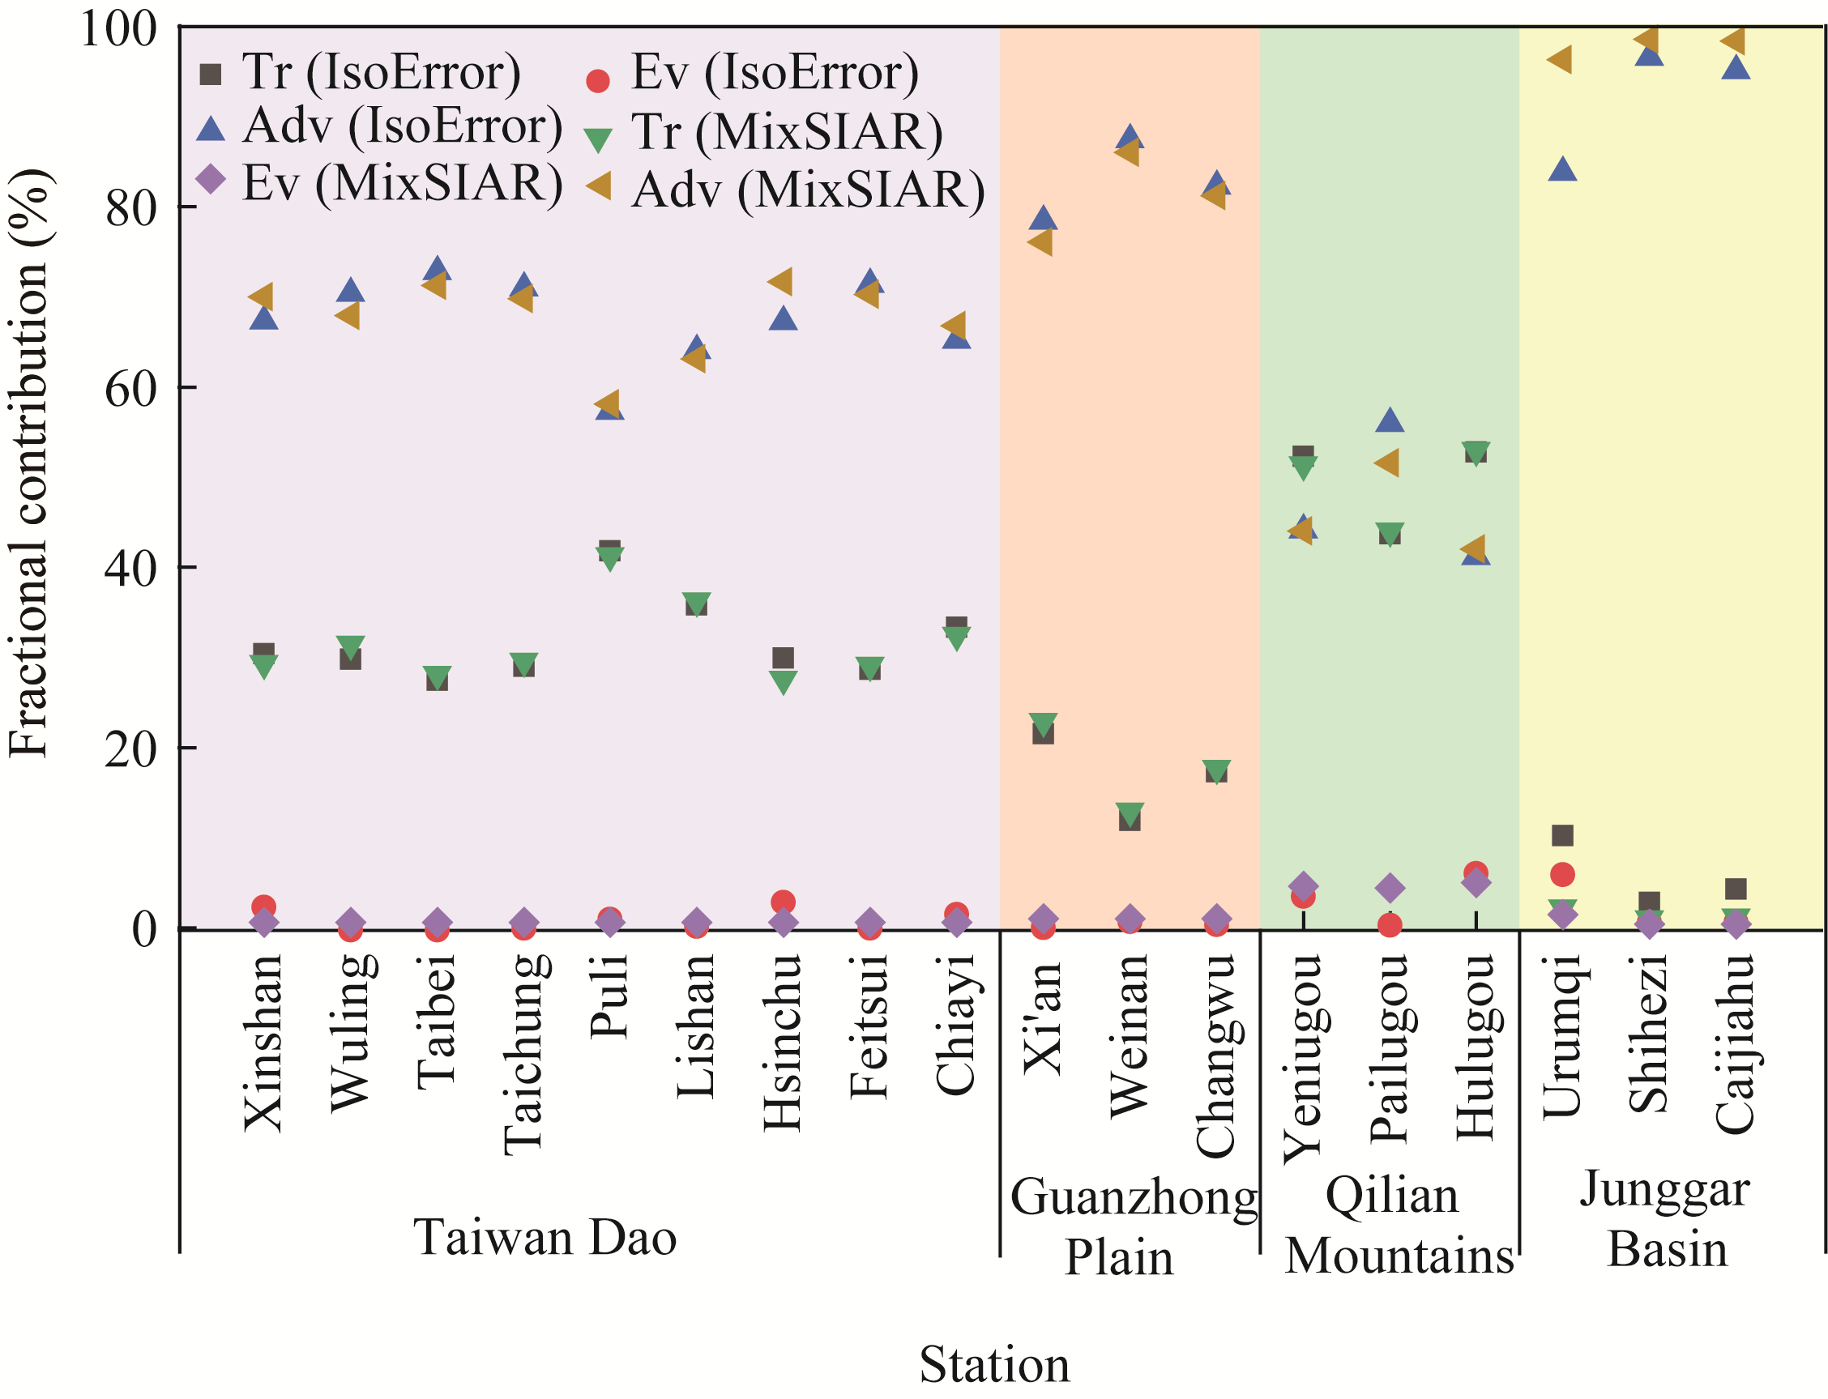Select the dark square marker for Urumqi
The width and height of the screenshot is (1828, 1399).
[1562, 835]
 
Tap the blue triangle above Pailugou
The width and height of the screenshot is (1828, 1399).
[1389, 420]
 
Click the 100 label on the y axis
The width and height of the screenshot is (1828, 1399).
[118, 30]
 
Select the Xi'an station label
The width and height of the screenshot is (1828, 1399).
[1043, 1017]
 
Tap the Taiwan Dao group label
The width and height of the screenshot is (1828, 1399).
[545, 1238]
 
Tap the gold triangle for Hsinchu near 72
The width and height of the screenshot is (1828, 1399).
[780, 281]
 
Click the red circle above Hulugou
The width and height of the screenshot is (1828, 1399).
[1476, 872]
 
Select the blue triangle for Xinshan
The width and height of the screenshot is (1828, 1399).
[264, 318]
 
